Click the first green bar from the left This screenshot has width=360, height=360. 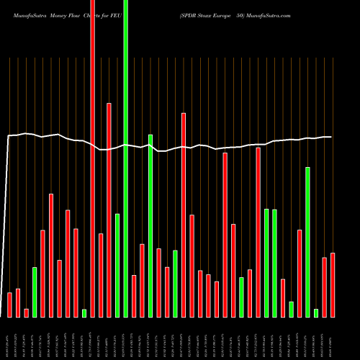point(35,292)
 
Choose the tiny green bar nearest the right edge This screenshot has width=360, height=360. point(316,312)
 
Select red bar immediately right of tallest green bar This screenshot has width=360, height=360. point(134,295)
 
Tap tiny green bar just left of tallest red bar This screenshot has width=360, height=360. point(84,312)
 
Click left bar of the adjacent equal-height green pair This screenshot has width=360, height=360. point(266,263)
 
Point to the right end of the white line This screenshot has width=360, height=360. point(330,137)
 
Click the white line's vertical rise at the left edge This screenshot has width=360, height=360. point(8,216)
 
